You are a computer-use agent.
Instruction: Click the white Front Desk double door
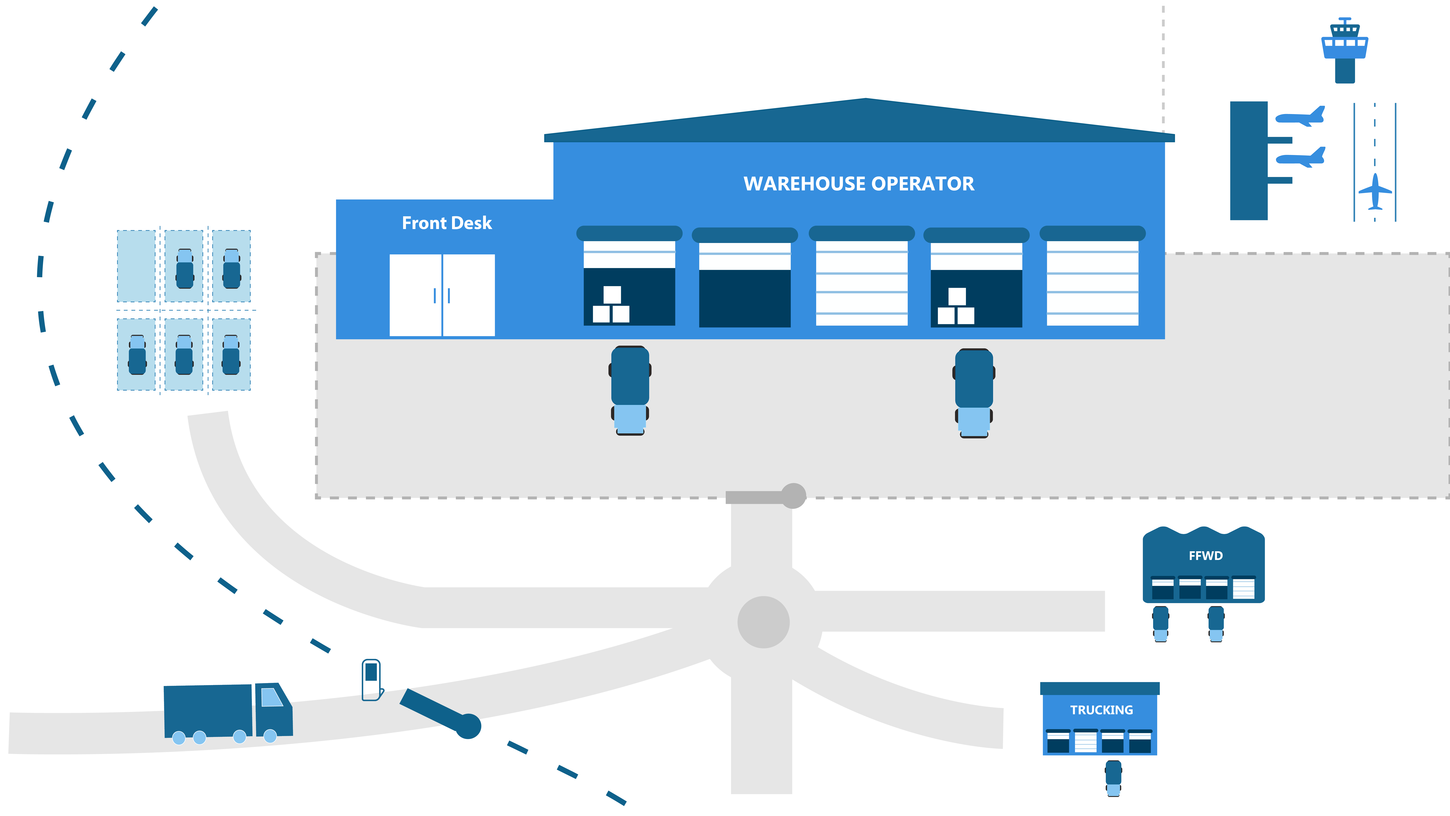pos(442,295)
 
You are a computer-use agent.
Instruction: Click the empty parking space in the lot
pos(136,266)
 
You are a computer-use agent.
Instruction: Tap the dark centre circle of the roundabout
pos(763,622)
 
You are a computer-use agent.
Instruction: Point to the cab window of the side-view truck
pos(272,697)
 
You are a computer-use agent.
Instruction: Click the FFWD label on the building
pos(1205,556)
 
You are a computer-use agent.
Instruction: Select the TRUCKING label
pos(1101,710)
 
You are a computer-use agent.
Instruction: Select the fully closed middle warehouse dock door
pos(861,283)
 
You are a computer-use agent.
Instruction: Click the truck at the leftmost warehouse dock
pos(630,390)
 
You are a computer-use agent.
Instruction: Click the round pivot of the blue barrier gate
pos(468,726)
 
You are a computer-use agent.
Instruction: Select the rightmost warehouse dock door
pos(1092,283)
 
